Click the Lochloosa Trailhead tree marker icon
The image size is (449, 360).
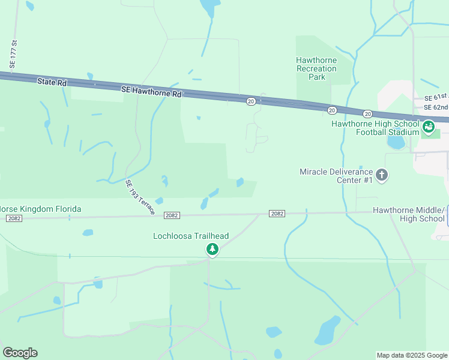click(211, 248)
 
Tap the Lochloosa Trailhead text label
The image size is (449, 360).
click(191, 236)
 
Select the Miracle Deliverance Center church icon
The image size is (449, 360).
click(382, 176)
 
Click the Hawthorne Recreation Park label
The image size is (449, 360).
click(316, 68)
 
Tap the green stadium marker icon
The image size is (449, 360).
click(428, 127)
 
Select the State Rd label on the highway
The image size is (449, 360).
click(51, 82)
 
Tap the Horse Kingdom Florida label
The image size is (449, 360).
click(40, 209)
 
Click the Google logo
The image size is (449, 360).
click(20, 353)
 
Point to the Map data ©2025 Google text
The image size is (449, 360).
click(412, 355)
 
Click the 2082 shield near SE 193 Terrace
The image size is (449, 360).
click(172, 214)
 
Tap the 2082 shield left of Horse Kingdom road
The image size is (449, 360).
click(14, 218)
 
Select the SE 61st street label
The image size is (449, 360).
click(436, 97)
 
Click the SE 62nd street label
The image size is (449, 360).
click(436, 107)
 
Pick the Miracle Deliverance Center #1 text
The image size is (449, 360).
click(336, 176)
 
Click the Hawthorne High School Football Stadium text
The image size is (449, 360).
click(375, 128)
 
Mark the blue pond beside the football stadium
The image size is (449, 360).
click(396, 143)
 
